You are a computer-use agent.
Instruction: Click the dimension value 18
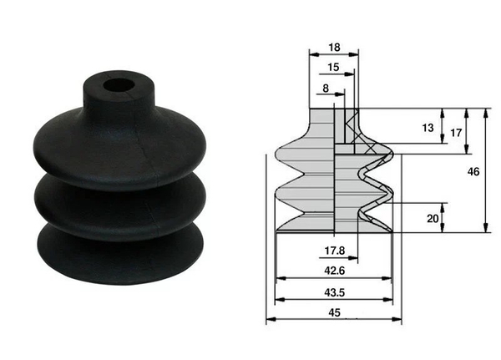tap(333, 48)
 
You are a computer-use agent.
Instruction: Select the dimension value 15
tap(333, 67)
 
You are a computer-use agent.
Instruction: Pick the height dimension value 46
tap(473, 171)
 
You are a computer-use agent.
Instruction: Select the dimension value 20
tap(432, 218)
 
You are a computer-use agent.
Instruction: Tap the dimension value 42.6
tap(333, 269)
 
